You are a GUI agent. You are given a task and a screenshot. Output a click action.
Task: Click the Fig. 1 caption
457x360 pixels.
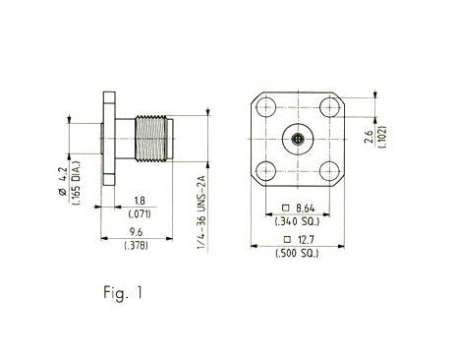tap(123, 292)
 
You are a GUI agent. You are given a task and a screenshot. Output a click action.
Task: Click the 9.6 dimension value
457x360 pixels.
tap(136, 232)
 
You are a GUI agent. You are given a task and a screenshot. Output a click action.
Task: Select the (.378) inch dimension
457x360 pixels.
tap(136, 245)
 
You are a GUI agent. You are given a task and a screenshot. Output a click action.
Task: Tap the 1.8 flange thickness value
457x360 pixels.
tap(140, 201)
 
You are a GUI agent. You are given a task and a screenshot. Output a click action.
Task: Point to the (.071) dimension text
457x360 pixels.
tap(140, 214)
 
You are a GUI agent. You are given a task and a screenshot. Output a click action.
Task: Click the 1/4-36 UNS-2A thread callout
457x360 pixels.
tap(200, 212)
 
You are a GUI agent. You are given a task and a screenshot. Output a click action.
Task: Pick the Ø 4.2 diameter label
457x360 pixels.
tap(63, 182)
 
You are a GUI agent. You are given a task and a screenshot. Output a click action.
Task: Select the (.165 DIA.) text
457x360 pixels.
tap(77, 183)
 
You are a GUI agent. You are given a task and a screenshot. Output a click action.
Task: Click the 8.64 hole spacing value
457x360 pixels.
tap(306, 209)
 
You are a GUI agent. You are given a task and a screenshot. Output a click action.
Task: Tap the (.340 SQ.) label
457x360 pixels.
tap(297, 221)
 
